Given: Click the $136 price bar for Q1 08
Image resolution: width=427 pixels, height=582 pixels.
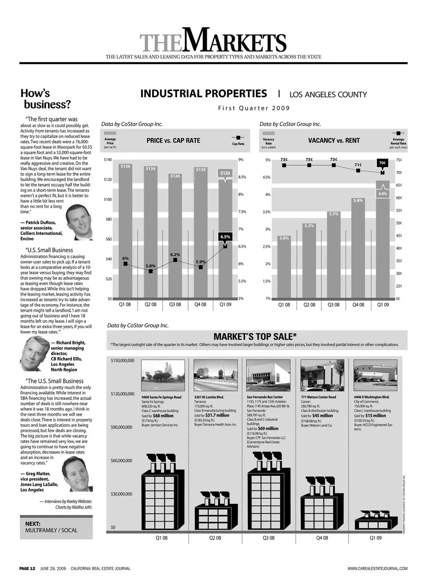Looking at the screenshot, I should point(125,231).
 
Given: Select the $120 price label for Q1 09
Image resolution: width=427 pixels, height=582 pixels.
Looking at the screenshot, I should point(226,173).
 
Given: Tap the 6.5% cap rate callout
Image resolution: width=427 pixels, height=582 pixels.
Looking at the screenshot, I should point(226,237).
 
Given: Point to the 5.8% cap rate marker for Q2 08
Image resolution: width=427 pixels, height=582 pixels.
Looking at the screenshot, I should point(151,271).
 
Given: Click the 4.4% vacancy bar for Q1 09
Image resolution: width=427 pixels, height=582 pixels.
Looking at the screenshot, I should point(383,240).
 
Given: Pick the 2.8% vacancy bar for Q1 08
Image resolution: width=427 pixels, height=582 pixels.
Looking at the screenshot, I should point(284,267).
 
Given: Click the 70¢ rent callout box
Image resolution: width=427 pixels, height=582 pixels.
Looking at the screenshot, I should point(383,163).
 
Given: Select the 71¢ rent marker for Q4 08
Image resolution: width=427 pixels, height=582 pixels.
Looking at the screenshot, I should point(358,170).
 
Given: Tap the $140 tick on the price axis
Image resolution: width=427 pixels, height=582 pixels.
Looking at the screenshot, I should point(108,160).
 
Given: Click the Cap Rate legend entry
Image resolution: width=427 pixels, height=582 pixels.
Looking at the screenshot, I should point(238,140).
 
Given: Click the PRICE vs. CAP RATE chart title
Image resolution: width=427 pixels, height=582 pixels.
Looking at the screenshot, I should point(173,140).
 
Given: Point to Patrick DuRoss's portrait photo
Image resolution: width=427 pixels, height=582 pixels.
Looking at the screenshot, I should point(79,222).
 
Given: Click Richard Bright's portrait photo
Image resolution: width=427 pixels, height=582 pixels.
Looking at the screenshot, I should point(34,353).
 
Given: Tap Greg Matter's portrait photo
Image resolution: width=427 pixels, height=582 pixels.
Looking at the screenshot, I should point(77,474).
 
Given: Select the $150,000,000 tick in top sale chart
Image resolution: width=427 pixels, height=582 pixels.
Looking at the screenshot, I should point(122,361).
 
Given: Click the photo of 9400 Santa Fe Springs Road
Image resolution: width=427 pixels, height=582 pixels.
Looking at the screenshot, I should point(162,376).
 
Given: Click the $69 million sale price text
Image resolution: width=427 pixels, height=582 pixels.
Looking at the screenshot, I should point(268,429).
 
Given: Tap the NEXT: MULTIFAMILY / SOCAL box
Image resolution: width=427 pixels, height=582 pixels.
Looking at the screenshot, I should point(56,527).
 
